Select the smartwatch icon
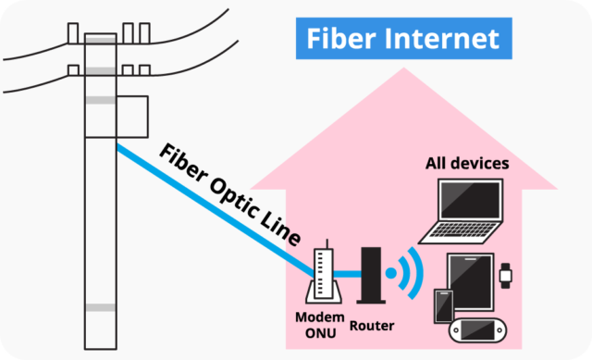(x=505, y=273)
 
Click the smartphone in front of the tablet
(x=443, y=305)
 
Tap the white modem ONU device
(x=323, y=276)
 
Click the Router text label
(x=372, y=326)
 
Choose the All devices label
(x=467, y=164)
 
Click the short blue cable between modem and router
(x=347, y=272)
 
